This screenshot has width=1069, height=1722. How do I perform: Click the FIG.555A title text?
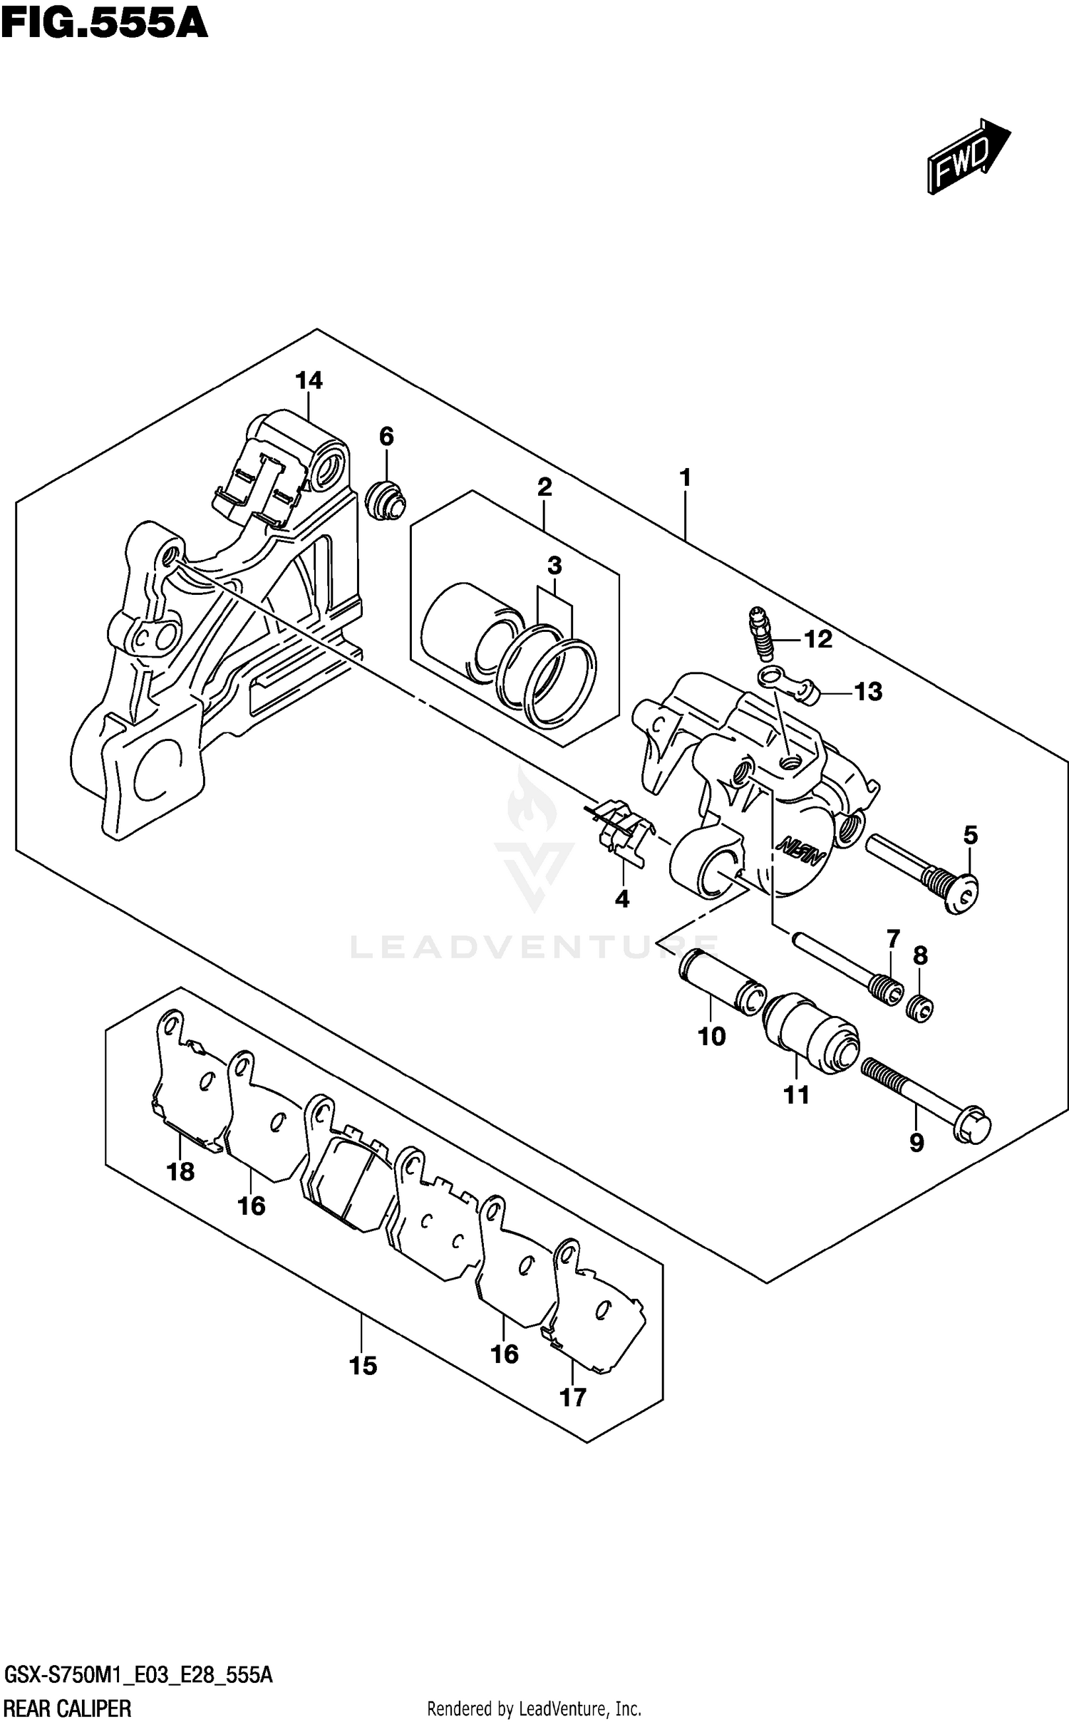tap(105, 23)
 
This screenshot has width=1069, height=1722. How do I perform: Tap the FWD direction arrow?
tap(966, 157)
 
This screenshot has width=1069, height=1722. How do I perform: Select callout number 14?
tap(309, 381)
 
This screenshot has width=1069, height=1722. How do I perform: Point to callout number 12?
tap(817, 640)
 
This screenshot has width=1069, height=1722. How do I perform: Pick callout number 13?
tap(868, 691)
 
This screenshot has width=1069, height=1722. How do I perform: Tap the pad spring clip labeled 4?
tap(619, 833)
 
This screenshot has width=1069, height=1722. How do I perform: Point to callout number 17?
tap(573, 1398)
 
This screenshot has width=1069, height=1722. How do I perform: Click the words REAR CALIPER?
tap(68, 1703)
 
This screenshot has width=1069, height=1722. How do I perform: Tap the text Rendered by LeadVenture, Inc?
tap(534, 1703)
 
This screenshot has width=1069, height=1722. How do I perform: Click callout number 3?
tap(554, 566)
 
